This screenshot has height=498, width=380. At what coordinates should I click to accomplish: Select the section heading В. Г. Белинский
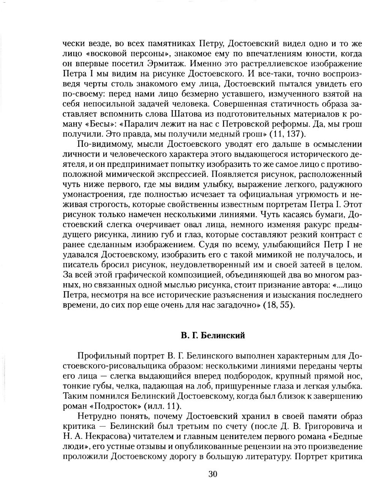click(213, 336)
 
